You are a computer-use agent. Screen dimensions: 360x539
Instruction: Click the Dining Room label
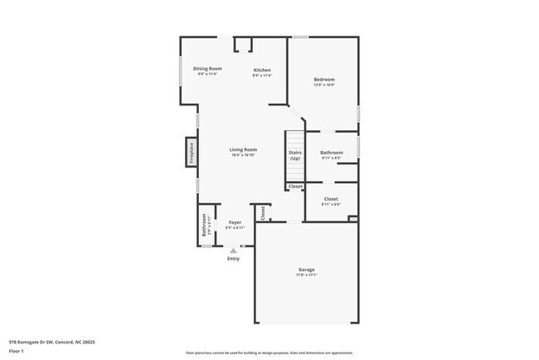207,69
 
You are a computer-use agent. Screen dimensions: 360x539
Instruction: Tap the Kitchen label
262,70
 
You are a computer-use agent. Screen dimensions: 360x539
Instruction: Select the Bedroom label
323,80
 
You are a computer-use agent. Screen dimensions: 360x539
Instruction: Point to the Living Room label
243,150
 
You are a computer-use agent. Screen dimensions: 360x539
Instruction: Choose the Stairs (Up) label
294,155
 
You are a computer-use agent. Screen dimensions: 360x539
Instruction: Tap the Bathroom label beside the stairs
332,153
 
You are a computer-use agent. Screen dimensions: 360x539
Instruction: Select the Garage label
307,269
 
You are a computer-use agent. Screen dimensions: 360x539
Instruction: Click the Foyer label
235,223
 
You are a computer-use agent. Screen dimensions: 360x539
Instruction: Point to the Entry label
234,258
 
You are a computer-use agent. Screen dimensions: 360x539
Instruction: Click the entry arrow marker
233,249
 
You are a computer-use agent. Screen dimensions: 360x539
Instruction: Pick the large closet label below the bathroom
331,199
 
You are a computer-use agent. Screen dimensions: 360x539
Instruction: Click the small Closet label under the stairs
295,187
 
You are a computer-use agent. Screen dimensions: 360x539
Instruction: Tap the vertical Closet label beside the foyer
262,212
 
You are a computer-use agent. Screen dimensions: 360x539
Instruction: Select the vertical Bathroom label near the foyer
205,226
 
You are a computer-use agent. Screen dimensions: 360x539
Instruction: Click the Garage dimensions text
307,275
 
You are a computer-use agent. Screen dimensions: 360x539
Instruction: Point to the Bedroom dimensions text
323,85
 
